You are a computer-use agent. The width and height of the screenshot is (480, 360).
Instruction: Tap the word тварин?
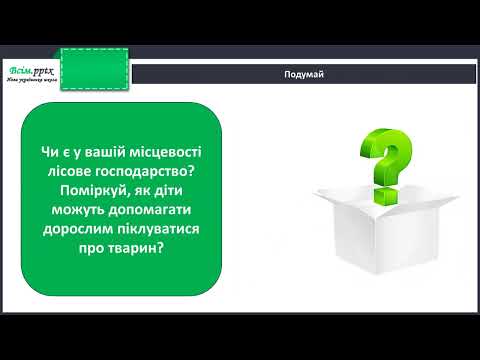141,254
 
